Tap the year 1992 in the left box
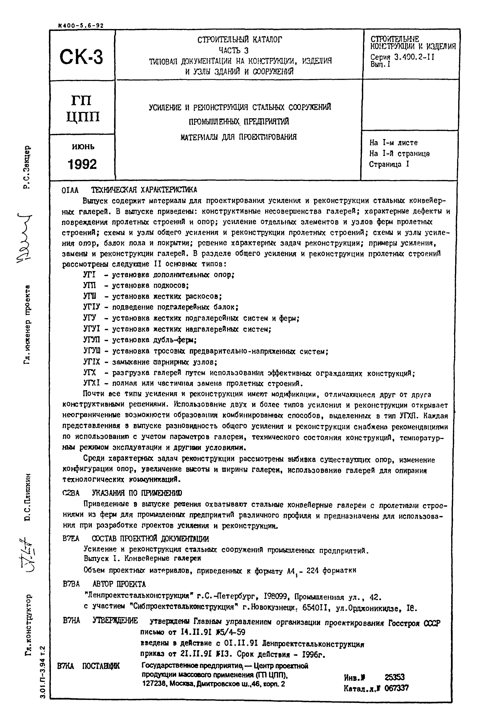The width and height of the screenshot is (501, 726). [82, 164]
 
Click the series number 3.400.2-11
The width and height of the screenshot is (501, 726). [414, 57]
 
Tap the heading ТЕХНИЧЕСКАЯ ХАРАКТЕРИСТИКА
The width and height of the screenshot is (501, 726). [144, 190]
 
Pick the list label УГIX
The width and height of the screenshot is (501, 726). [91, 362]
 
